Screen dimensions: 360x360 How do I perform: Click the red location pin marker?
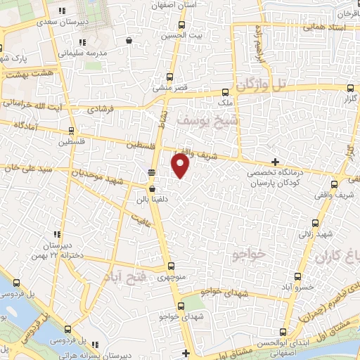coord(181,166)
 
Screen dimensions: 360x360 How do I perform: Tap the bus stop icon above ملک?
coord(226,91)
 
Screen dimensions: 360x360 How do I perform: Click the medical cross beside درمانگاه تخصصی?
coord(275,162)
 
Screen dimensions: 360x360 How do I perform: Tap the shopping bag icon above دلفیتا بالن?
coord(152,188)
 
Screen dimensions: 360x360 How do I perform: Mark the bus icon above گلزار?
coord(352,89)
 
